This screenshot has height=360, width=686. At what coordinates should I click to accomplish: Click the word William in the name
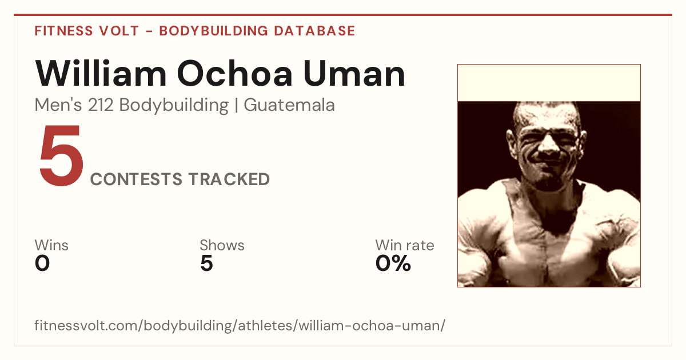tap(101, 73)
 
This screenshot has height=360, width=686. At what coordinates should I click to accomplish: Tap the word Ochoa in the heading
tap(235, 74)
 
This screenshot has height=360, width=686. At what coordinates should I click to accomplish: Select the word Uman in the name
tap(354, 74)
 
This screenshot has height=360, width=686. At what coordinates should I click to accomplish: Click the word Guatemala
tap(289, 105)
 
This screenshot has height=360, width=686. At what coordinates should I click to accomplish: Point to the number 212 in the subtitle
tap(101, 105)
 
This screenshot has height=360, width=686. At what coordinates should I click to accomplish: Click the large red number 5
tap(61, 155)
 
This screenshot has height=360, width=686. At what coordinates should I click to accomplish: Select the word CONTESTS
tap(136, 179)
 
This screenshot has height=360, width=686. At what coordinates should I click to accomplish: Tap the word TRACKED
tap(229, 179)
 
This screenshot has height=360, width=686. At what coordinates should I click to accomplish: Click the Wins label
tap(51, 245)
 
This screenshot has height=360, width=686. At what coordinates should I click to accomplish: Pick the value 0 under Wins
tap(42, 263)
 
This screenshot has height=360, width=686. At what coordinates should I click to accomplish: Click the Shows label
tap(222, 245)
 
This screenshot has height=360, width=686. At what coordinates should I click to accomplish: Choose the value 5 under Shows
tap(207, 263)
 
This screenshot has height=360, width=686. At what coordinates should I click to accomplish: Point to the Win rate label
tap(405, 245)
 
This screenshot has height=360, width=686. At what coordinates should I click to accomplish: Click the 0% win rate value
tap(393, 263)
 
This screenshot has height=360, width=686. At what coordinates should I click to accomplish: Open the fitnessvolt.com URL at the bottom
tap(240, 326)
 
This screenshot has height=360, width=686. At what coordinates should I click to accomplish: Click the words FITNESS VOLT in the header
tap(87, 31)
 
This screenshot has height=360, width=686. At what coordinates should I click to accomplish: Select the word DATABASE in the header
tap(314, 31)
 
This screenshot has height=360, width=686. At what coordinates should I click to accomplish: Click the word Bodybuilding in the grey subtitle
tap(174, 106)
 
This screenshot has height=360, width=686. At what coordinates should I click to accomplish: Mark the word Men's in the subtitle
tap(58, 105)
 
